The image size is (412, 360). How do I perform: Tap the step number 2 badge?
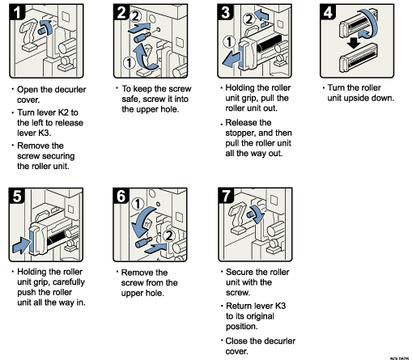(x=121, y=11)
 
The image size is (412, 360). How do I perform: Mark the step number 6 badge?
(x=121, y=196)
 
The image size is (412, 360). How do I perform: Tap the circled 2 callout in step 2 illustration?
(x=138, y=15)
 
